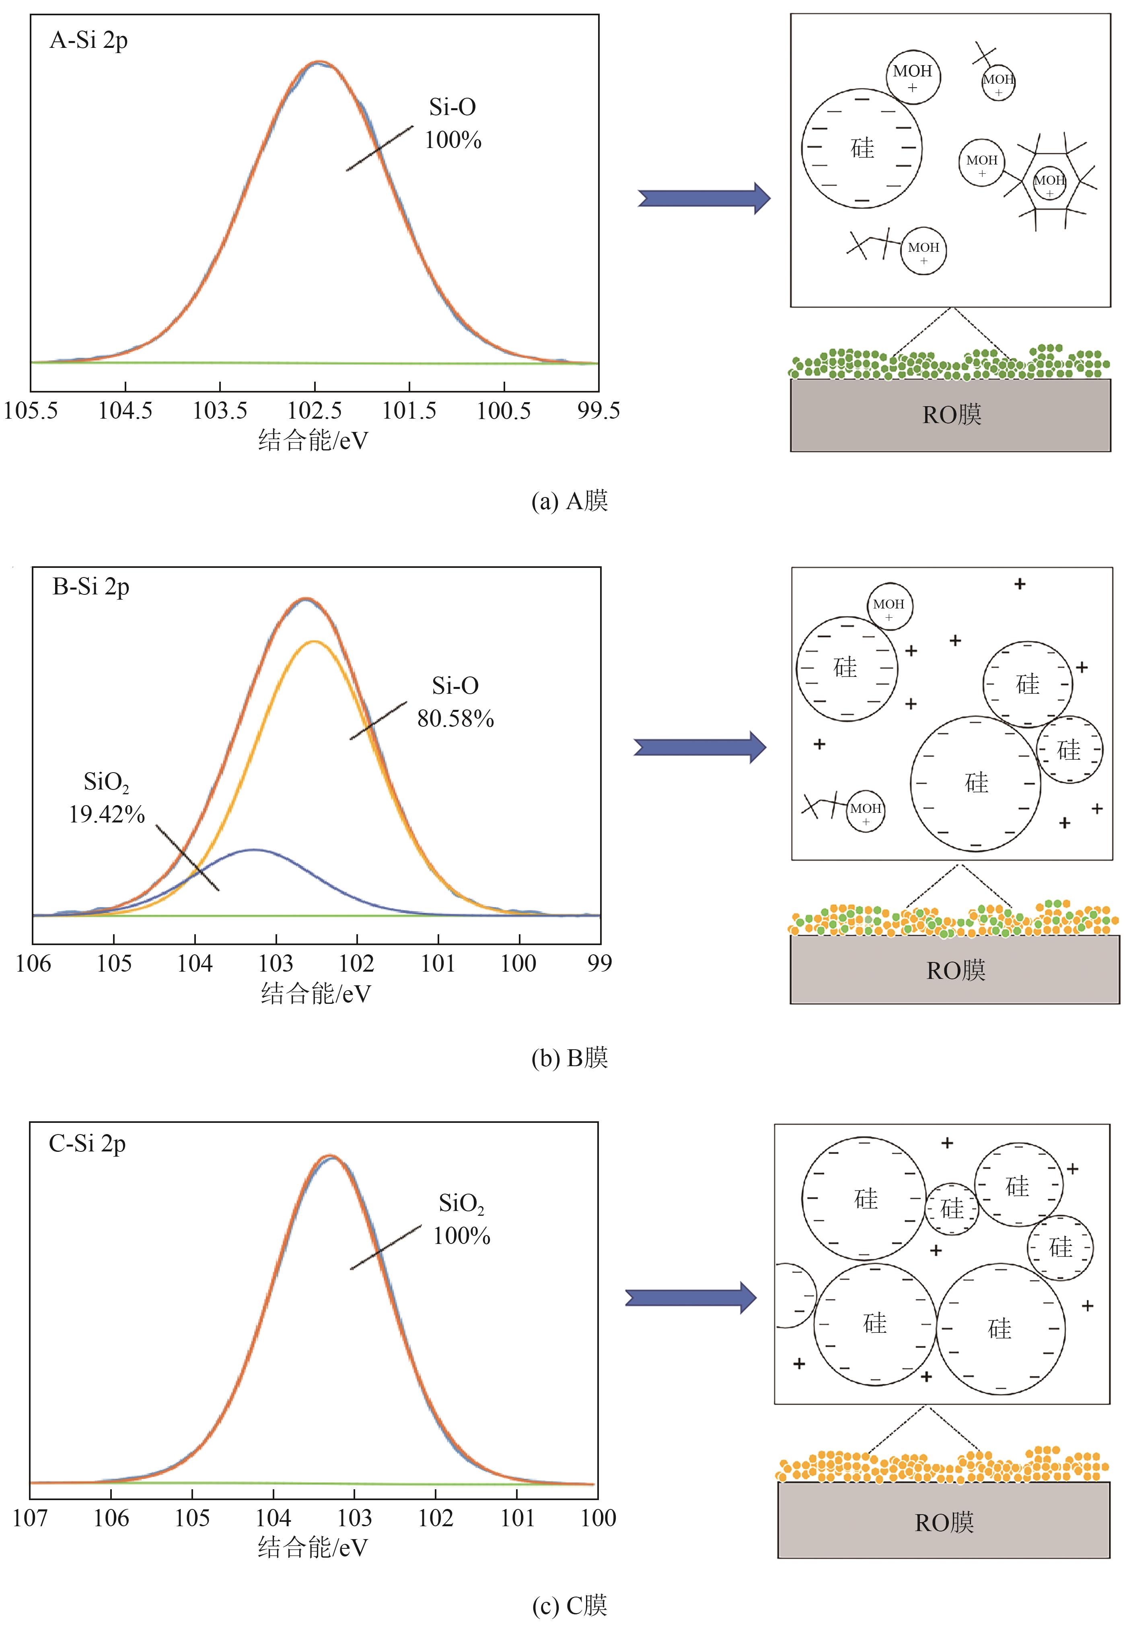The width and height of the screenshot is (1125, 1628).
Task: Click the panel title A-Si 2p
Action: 89,41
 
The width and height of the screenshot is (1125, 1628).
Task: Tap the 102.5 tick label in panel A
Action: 315,411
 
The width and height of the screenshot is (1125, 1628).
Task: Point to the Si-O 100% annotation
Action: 452,123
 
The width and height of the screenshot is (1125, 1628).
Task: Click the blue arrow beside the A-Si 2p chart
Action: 703,198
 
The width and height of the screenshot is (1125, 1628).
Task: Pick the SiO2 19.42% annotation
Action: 107,798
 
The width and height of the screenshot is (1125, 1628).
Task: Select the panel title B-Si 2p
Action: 91,587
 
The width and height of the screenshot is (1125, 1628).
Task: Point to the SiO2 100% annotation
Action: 462,1219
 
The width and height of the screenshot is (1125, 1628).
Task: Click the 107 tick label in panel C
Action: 30,1517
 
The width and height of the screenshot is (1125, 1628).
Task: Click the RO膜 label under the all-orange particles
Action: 944,1523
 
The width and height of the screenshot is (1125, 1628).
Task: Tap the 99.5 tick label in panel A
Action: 598,411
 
